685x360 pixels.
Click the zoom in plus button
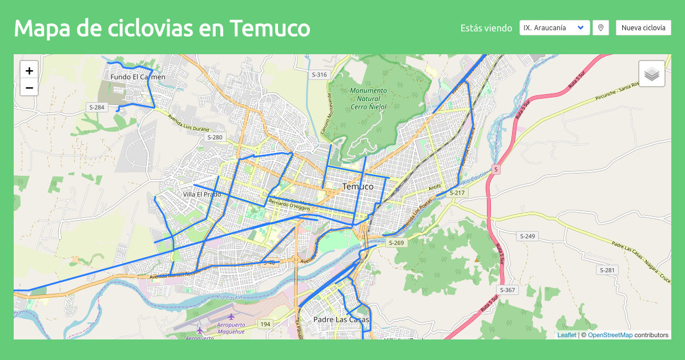[x=29, y=71]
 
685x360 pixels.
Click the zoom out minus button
[x=29, y=88]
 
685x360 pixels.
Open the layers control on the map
[x=652, y=74]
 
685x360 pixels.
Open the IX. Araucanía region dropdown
[x=554, y=27]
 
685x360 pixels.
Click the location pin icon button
[x=600, y=27]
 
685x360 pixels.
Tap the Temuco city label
[x=358, y=187]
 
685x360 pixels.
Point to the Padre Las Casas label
[x=341, y=320]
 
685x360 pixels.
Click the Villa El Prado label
[x=202, y=195]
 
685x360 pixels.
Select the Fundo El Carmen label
[x=138, y=77]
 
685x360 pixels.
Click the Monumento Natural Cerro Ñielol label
[x=368, y=98]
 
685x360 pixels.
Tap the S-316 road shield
[x=320, y=75]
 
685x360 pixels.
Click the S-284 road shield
[x=96, y=107]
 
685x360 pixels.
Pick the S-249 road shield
[x=527, y=236]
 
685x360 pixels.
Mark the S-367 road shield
[x=507, y=290]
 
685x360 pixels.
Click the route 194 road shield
[x=265, y=324]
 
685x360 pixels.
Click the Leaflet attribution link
[x=567, y=335]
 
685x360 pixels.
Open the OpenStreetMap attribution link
[x=610, y=335]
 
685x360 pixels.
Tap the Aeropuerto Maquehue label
[x=231, y=327]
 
